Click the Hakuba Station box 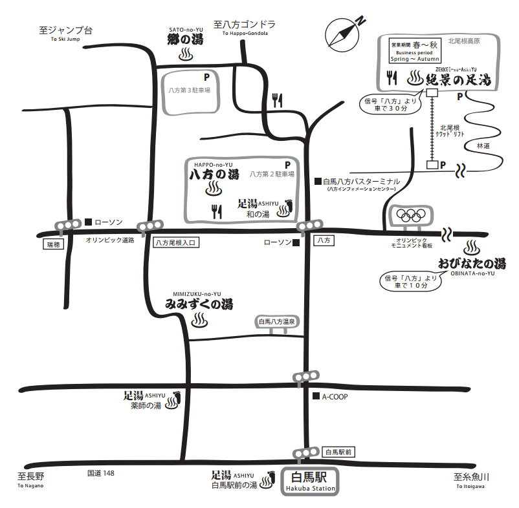pyautogui.click(x=310, y=482)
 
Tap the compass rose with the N pyautogui.click(x=342, y=35)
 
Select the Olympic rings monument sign pyautogui.click(x=411, y=217)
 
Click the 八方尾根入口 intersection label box pyautogui.click(x=175, y=242)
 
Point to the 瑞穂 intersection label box pyautogui.click(x=53, y=244)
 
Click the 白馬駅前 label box pyautogui.click(x=338, y=452)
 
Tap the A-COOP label pyautogui.click(x=335, y=397)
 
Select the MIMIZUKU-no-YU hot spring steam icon pyautogui.click(x=200, y=321)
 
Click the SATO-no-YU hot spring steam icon pyautogui.click(x=186, y=54)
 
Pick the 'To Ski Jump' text pyautogui.click(x=65, y=39)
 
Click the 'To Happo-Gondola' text pyautogui.click(x=245, y=33)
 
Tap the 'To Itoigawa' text pyautogui.click(x=470, y=486)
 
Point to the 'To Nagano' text pyautogui.click(x=30, y=485)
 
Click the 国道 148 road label pyautogui.click(x=100, y=473)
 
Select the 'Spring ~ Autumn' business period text pyautogui.click(x=415, y=59)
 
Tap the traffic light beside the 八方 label pyautogui.click(x=309, y=226)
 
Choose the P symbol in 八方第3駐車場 pyautogui.click(x=207, y=78)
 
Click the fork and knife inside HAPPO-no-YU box pyautogui.click(x=217, y=211)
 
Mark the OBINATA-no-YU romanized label pyautogui.click(x=472, y=273)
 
